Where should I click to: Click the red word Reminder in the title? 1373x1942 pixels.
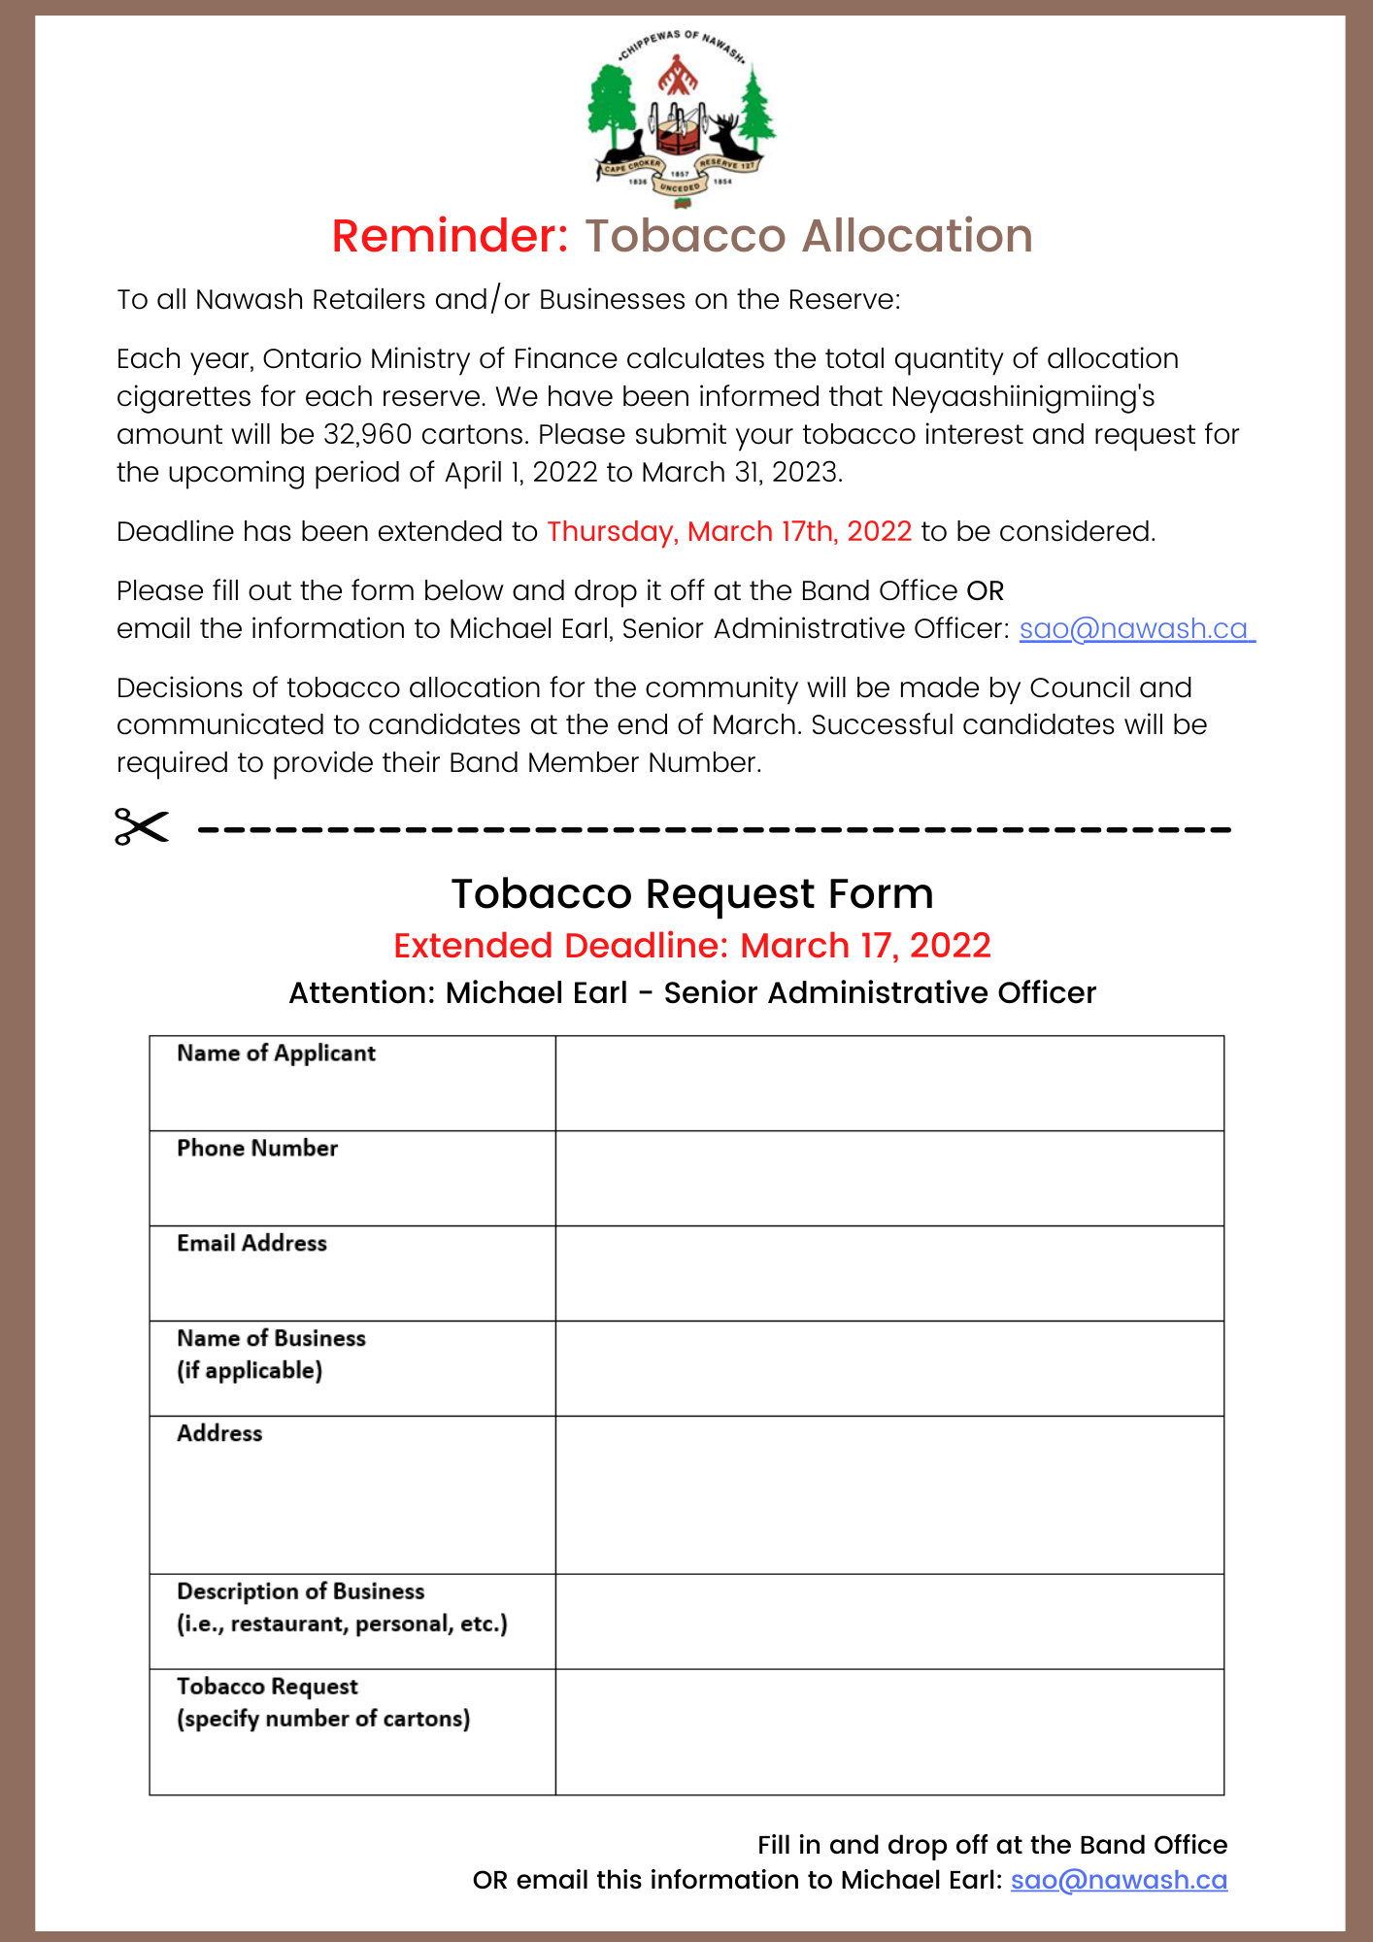tap(450, 236)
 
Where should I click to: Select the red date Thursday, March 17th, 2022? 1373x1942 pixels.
tap(729, 531)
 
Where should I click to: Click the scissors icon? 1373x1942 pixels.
tap(142, 826)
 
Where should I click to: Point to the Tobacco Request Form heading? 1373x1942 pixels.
tap(691, 893)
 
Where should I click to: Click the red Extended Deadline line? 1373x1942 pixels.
tap(691, 945)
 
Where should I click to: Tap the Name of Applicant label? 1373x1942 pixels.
tap(276, 1054)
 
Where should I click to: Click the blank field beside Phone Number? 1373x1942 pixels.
tap(888, 1178)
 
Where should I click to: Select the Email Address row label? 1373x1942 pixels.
tap(251, 1243)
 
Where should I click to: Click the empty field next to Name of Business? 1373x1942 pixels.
tap(888, 1368)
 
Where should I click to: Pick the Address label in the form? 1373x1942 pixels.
tap(219, 1433)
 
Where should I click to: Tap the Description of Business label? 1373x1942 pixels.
tap(301, 1591)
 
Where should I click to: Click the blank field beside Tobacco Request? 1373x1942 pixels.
tap(888, 1731)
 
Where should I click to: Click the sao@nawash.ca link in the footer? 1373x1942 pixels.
tap(1119, 1880)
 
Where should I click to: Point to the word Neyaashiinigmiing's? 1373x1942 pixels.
tap(1022, 396)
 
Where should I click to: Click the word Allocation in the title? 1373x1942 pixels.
tap(808, 236)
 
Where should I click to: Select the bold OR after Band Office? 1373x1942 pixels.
tap(985, 590)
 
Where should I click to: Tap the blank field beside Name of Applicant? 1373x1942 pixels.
tap(888, 1083)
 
